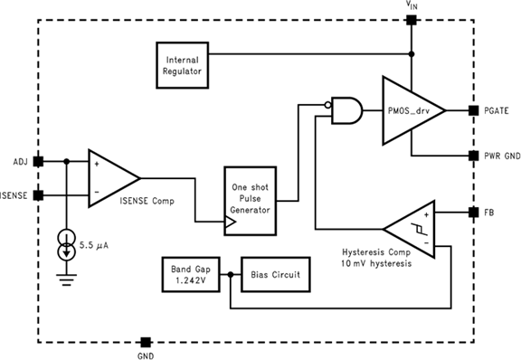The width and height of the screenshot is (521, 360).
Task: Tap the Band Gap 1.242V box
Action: tap(189, 274)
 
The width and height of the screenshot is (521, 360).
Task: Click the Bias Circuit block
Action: tap(275, 274)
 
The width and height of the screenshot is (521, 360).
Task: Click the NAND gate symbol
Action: tap(346, 110)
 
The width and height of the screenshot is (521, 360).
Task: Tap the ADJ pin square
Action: tap(37, 162)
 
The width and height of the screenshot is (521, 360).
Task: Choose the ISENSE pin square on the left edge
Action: tap(37, 194)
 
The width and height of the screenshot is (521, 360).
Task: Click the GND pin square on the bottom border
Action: tap(145, 343)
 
